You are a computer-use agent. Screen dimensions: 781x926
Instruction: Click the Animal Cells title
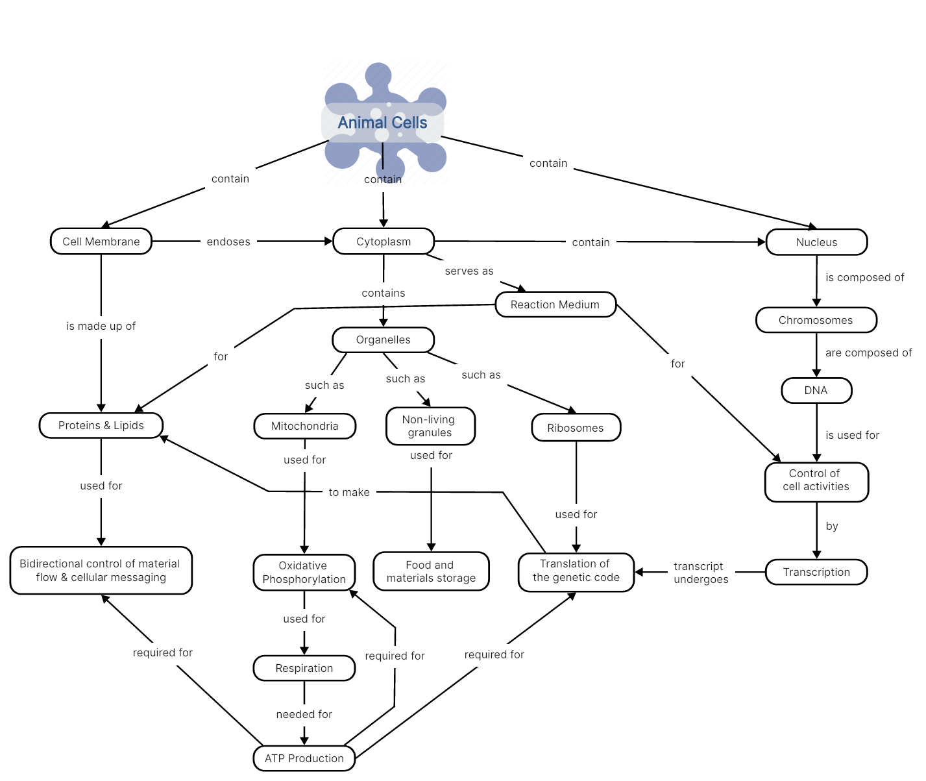pos(382,123)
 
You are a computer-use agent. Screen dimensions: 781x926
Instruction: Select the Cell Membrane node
pos(101,242)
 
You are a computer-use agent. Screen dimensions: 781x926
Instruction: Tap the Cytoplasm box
pos(384,242)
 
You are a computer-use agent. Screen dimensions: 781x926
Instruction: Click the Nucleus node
pos(816,242)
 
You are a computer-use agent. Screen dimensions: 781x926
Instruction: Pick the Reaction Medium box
pos(555,304)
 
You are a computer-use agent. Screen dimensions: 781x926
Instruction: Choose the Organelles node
pos(383,340)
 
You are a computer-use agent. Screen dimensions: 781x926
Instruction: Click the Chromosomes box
pos(816,320)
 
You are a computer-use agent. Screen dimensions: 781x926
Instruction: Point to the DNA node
pos(816,390)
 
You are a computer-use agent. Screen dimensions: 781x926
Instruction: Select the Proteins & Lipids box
pos(101,425)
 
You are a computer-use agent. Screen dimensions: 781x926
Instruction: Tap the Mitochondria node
pos(304,426)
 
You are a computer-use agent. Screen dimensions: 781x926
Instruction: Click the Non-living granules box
pos(430,426)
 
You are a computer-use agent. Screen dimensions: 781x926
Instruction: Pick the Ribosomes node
pos(576,428)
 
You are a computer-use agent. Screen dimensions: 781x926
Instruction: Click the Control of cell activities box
pos(816,480)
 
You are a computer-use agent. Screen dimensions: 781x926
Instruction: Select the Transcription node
pos(816,572)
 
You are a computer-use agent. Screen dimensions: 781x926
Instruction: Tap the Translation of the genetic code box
pos(576,571)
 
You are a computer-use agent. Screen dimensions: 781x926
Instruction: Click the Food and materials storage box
pos(431,571)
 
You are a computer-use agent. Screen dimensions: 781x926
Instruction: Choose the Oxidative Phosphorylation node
pos(304,572)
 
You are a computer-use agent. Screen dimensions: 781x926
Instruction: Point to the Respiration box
pos(304,668)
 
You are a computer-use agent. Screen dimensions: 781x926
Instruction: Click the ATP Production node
pos(304,758)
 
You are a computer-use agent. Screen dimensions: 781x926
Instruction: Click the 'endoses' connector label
pos(228,242)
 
